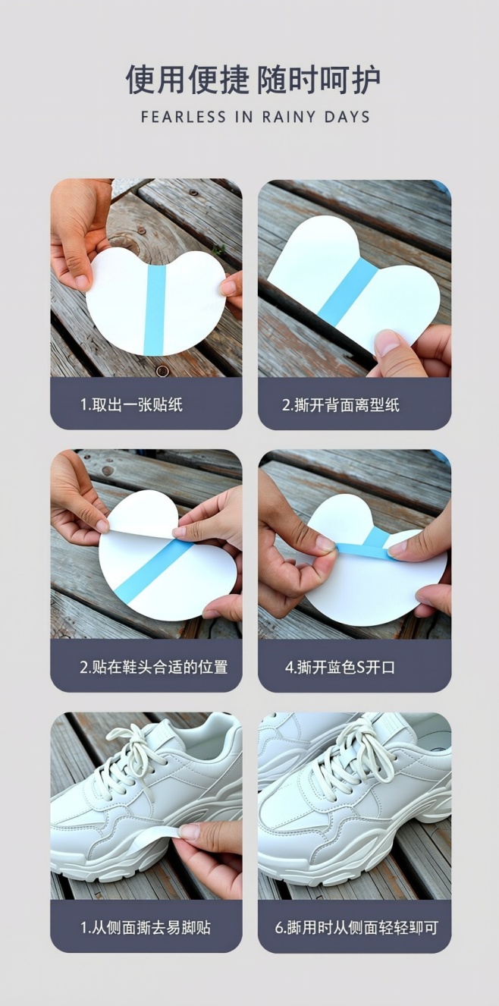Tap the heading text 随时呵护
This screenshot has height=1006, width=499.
pyautogui.click(x=319, y=80)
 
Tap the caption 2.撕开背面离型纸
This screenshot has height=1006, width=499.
pyautogui.click(x=341, y=404)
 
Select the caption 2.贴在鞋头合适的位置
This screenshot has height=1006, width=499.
pyautogui.click(x=153, y=668)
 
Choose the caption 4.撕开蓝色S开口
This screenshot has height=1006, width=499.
pyautogui.click(x=340, y=668)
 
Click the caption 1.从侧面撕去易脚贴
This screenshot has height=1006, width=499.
pyautogui.click(x=146, y=927)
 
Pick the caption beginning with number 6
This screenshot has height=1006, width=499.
pyautogui.click(x=356, y=927)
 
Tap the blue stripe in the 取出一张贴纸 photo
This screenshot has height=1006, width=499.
pyautogui.click(x=155, y=310)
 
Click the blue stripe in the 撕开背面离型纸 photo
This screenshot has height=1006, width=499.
pyautogui.click(x=347, y=292)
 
